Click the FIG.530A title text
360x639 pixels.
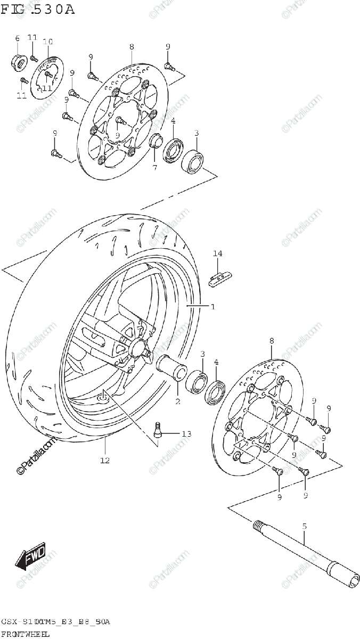(x=38, y=9)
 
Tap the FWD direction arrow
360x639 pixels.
(x=31, y=557)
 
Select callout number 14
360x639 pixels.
(x=217, y=253)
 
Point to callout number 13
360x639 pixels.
(x=185, y=434)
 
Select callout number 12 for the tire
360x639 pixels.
(x=104, y=460)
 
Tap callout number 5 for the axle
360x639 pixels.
(x=305, y=526)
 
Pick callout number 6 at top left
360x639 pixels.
(x=17, y=38)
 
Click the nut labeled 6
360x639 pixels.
(x=18, y=61)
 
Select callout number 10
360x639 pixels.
(x=47, y=42)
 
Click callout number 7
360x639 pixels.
(x=155, y=168)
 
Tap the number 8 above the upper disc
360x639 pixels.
(x=132, y=47)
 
